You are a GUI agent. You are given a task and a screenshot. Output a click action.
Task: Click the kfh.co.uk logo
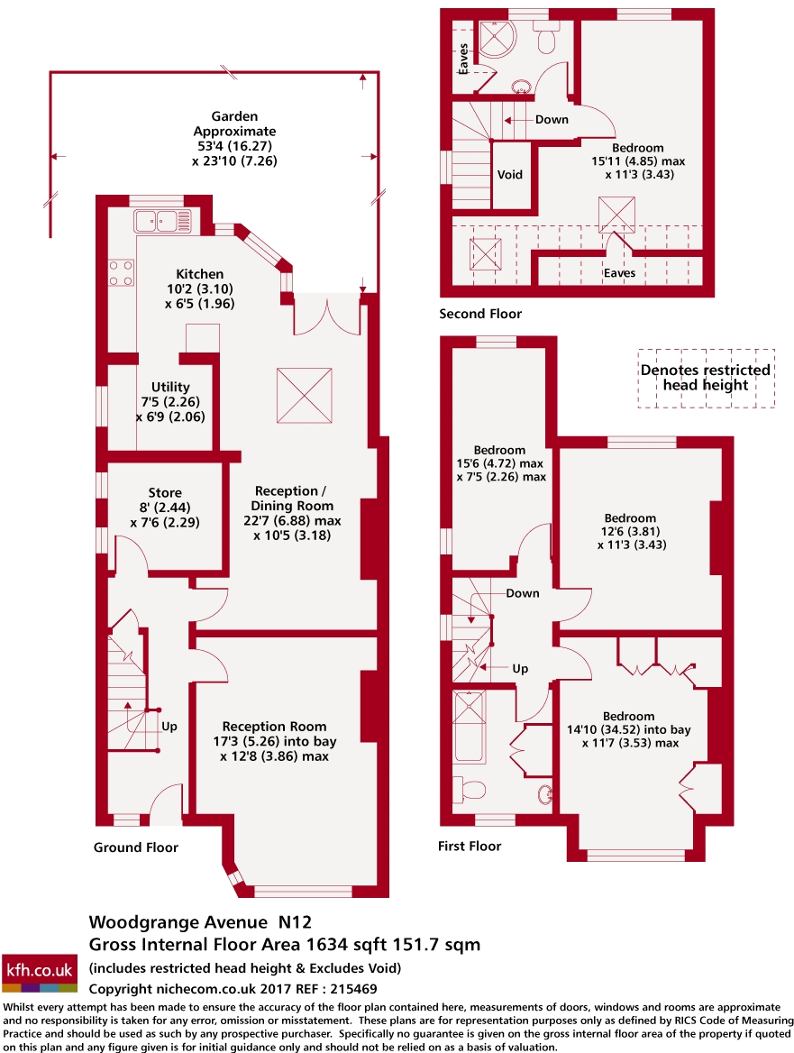click(x=40, y=973)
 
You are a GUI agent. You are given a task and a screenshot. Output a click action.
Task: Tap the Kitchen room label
click(x=199, y=274)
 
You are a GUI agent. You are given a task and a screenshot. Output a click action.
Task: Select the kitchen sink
click(x=162, y=221)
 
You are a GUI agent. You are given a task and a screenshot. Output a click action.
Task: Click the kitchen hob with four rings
click(x=121, y=272)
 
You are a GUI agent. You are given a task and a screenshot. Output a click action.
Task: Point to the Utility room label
click(x=170, y=387)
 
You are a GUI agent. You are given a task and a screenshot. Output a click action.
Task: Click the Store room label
click(x=165, y=493)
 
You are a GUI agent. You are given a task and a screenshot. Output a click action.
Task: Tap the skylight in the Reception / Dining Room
click(x=304, y=396)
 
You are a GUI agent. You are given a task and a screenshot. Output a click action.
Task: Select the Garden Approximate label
click(x=234, y=124)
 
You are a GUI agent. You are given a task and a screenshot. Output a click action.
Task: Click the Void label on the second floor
click(x=509, y=175)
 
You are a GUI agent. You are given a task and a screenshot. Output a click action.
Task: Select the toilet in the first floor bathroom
click(x=469, y=787)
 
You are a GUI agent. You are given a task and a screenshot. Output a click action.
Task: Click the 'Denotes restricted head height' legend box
click(x=706, y=378)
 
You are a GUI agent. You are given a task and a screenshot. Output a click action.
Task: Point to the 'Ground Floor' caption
click(x=136, y=847)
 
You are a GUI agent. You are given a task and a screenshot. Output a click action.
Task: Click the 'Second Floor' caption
click(x=480, y=314)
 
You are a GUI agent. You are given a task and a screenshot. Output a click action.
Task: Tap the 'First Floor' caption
click(x=470, y=847)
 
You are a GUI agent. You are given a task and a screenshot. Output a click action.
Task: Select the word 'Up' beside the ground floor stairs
click(x=169, y=727)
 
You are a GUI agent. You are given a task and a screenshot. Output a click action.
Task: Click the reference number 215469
click(x=353, y=988)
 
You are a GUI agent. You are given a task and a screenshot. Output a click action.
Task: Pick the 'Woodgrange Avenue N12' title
click(x=200, y=922)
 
